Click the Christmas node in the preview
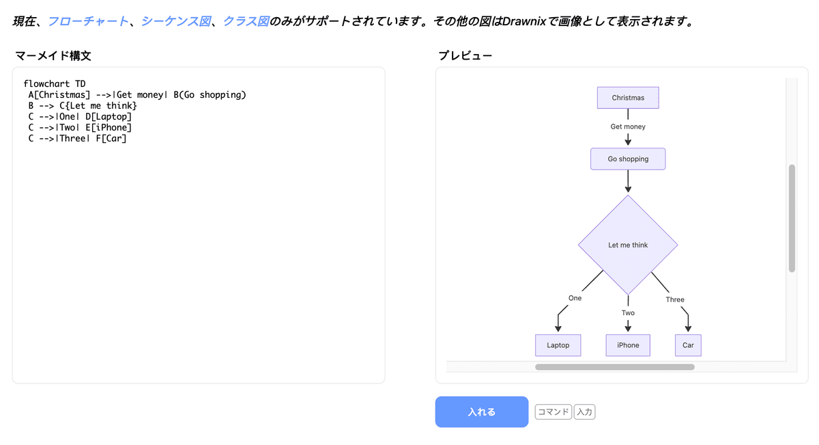(628, 98)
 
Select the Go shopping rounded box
(628, 159)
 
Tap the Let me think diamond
(628, 245)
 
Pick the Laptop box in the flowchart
(558, 345)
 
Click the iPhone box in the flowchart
(628, 345)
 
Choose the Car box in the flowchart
(688, 345)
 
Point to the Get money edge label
(628, 126)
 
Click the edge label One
(575, 298)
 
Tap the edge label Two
(628, 313)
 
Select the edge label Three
(675, 299)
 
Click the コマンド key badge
(553, 412)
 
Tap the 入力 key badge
(584, 412)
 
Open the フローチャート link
(88, 21)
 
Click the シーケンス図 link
(175, 21)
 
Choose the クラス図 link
(246, 21)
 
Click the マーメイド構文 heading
(53, 55)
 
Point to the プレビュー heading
(465, 55)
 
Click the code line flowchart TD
(55, 84)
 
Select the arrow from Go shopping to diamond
(628, 181)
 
